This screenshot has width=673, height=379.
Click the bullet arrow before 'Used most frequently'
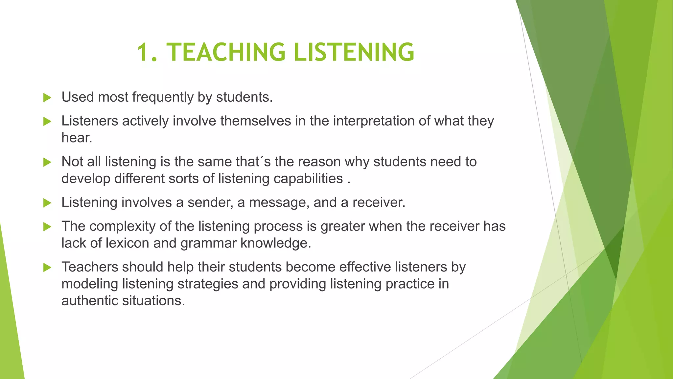click(x=47, y=98)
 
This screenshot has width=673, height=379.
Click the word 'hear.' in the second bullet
click(x=77, y=138)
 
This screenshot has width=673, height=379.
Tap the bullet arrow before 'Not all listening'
click(x=47, y=162)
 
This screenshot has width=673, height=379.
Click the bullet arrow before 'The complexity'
click(x=47, y=227)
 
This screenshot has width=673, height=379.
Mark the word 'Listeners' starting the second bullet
click(x=90, y=121)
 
